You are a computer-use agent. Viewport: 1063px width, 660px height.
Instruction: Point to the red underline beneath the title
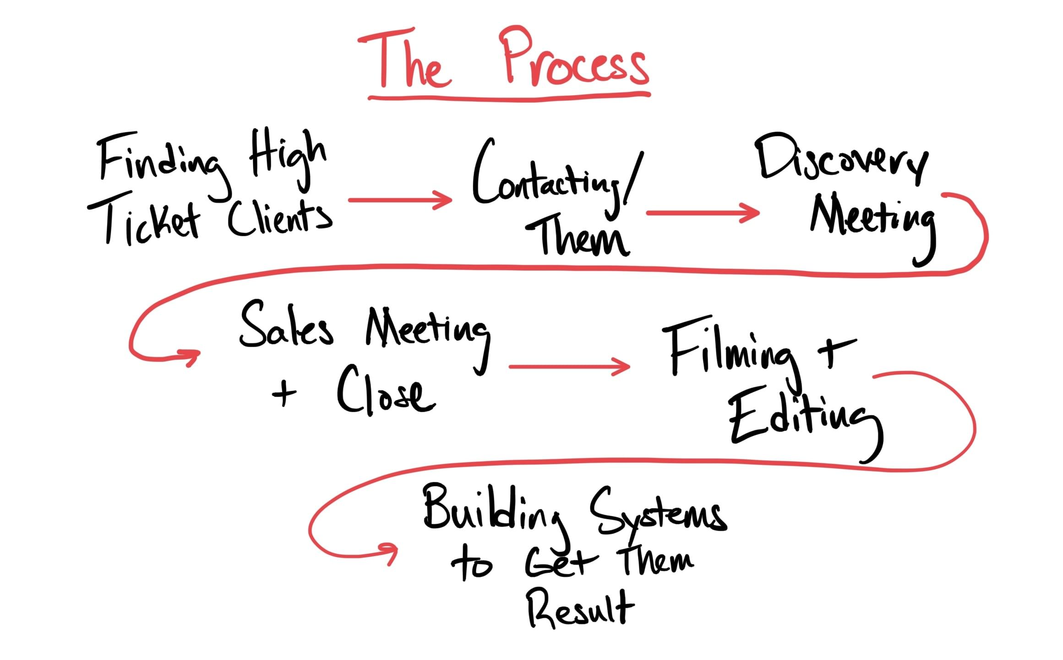pyautogui.click(x=508, y=98)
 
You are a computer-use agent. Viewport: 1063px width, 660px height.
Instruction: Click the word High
pyautogui.click(x=286, y=156)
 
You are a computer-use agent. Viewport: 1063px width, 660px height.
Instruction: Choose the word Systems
pyautogui.click(x=657, y=513)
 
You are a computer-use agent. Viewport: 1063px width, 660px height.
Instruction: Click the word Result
pyautogui.click(x=579, y=609)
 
